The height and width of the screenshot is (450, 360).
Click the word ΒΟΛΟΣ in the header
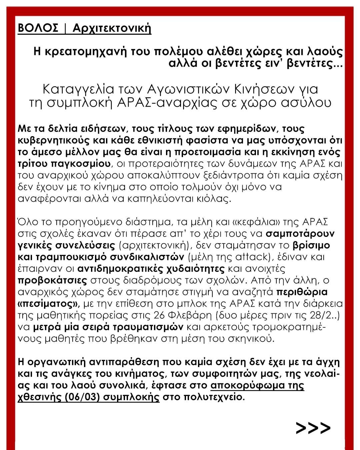pyautogui.click(x=38, y=28)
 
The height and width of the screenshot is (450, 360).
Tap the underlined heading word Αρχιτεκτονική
pyautogui.click(x=112, y=28)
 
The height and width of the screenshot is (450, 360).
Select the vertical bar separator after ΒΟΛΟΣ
pyautogui.click(x=65, y=28)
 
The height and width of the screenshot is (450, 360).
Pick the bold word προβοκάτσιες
pyautogui.click(x=52, y=280)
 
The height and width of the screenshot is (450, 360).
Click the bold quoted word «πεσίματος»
pyautogui.click(x=49, y=304)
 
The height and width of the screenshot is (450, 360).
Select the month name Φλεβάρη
pyautogui.click(x=189, y=315)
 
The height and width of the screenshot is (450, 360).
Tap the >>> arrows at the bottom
pyautogui.click(x=313, y=428)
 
